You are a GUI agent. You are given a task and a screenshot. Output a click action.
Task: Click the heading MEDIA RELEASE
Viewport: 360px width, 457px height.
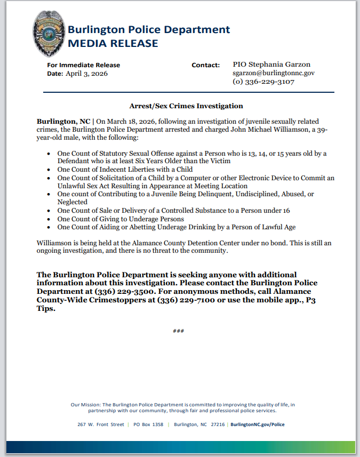[x=113, y=43]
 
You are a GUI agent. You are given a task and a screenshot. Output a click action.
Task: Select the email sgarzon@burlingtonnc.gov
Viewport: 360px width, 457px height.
[x=274, y=73]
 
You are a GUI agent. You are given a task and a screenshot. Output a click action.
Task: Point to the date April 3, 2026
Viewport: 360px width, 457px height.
[x=86, y=74]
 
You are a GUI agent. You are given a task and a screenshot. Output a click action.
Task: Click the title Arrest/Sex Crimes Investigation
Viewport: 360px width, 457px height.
[x=186, y=106]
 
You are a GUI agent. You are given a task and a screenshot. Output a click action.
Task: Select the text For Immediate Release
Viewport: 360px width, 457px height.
[x=83, y=65]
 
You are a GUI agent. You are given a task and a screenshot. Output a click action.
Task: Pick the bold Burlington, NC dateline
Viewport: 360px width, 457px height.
[x=63, y=122]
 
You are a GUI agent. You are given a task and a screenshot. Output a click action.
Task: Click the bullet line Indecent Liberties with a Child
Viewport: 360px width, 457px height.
[x=125, y=170]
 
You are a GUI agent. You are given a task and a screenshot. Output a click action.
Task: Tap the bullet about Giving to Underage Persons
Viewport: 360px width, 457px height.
[x=121, y=219]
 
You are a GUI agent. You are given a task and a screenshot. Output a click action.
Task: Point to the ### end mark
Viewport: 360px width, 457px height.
[x=179, y=331]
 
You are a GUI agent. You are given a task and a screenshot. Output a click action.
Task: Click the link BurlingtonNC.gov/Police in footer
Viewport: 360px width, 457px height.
[x=258, y=424]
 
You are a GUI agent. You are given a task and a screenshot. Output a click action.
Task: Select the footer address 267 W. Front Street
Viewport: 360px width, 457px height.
[x=100, y=424]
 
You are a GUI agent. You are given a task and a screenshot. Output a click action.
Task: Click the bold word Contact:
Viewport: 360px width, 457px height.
[x=205, y=65]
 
